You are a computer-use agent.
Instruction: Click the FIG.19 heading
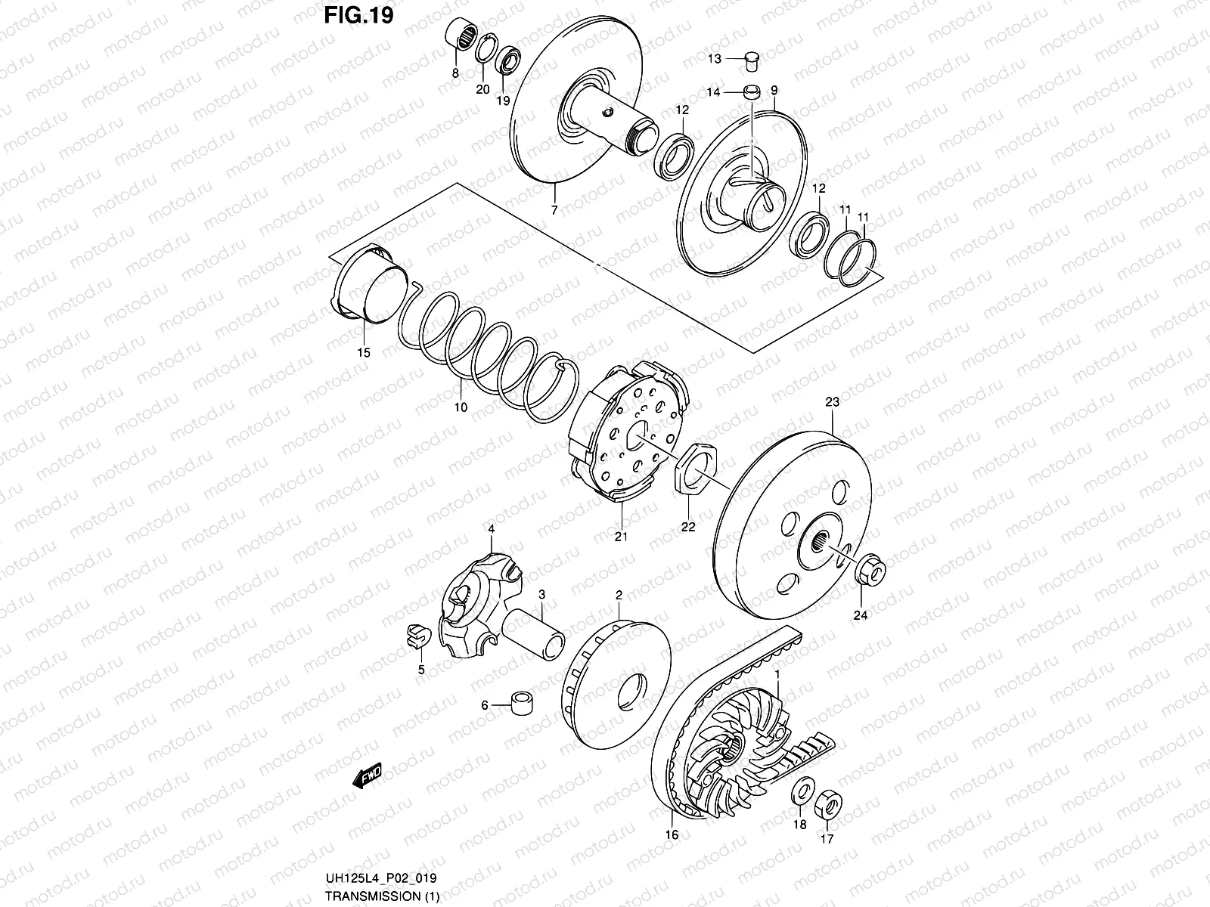(x=360, y=17)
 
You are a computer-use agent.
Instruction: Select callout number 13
(x=715, y=58)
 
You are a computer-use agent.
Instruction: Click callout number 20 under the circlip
(x=482, y=89)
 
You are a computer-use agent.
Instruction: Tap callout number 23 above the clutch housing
(x=832, y=403)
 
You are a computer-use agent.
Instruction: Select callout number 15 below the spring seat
(x=364, y=353)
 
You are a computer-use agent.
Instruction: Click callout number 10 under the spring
(x=460, y=407)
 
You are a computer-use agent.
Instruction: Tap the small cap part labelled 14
(x=751, y=92)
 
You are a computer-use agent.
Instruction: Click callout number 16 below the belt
(x=672, y=834)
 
